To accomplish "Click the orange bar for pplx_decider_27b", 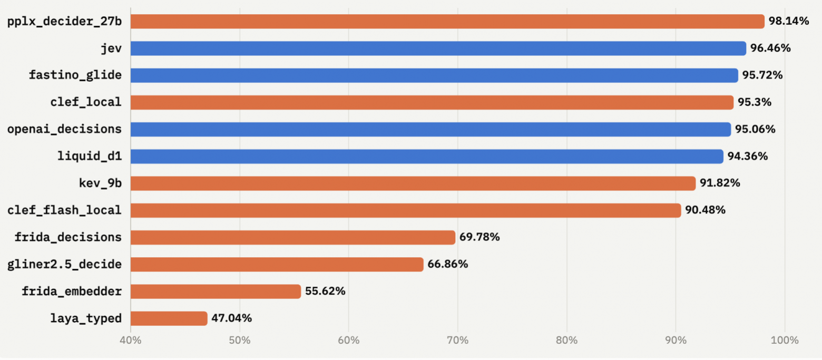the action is (447, 21).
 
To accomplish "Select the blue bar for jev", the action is (438, 48).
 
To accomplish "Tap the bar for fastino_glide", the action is (434, 75).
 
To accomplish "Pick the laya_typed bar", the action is (169, 318).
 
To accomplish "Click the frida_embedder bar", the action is (216, 291).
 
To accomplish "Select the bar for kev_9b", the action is (413, 183).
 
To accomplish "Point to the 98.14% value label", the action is (789, 21).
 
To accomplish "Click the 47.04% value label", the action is (231, 318).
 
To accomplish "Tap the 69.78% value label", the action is (479, 237).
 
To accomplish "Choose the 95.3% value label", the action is (755, 102).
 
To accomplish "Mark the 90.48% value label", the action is (705, 210).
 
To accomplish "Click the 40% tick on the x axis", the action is (131, 340).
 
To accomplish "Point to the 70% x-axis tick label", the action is (457, 340).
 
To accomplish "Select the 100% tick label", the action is (785, 340).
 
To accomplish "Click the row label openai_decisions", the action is (65, 129).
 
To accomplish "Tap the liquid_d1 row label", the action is (90, 157).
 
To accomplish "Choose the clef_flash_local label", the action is (65, 210).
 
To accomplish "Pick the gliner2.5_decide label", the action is (65, 264).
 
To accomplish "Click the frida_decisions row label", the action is (68, 237).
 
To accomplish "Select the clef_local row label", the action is (86, 102).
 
